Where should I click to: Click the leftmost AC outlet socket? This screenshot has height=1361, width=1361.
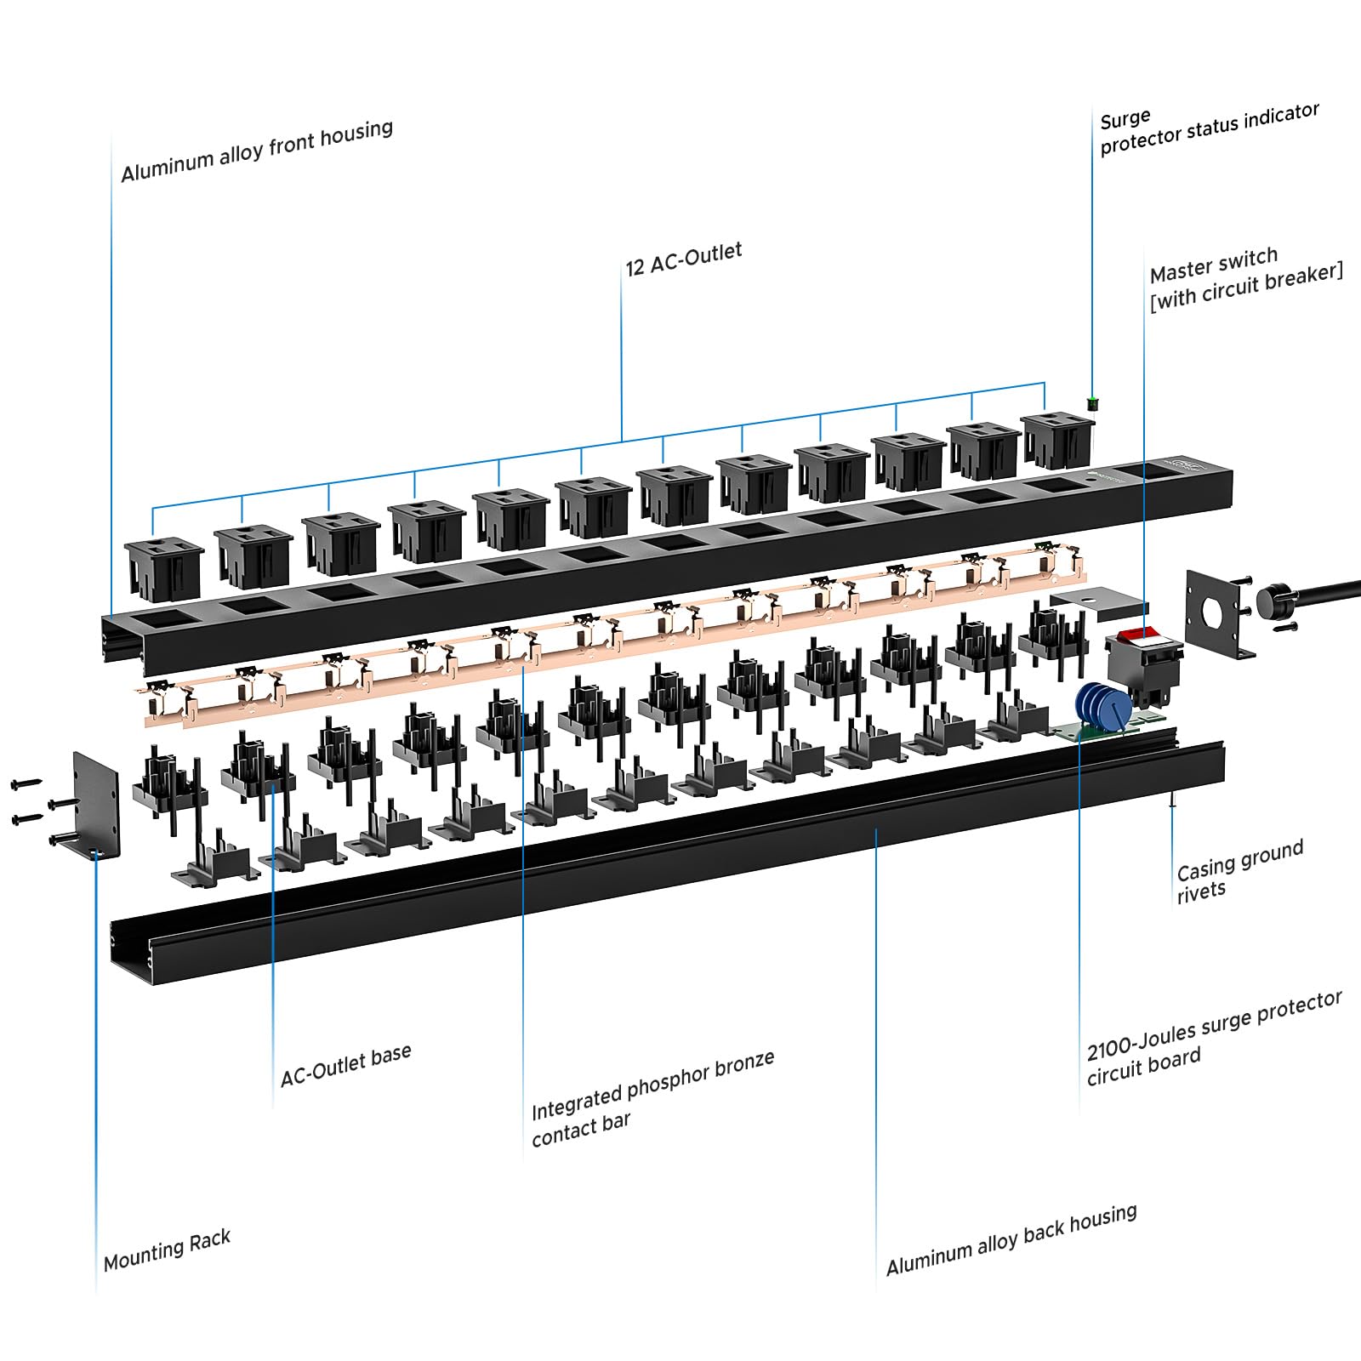[x=164, y=567]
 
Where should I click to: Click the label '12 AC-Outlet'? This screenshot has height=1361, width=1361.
[x=684, y=258]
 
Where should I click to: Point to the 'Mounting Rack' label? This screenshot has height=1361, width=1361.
[x=167, y=1250]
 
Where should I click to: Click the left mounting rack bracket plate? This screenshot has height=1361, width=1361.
[x=96, y=804]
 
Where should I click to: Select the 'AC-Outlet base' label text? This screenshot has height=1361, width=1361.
[x=346, y=1064]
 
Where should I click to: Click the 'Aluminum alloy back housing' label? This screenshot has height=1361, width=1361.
[x=1011, y=1239]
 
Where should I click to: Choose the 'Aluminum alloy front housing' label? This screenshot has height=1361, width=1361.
[x=257, y=151]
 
